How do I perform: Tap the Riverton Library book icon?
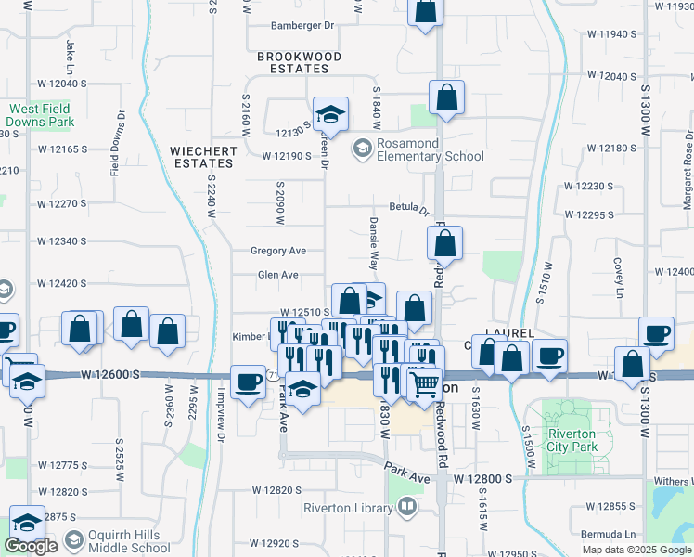pyautogui.click(x=406, y=507)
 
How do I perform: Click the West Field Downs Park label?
pyautogui.click(x=40, y=115)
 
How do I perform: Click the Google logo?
pyautogui.click(x=32, y=546)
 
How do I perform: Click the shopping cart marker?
pyautogui.click(x=425, y=382)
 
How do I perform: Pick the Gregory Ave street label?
pyautogui.click(x=278, y=251)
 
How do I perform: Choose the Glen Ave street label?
pyautogui.click(x=277, y=275)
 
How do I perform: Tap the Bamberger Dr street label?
pyautogui.click(x=302, y=25)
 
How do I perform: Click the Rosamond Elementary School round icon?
pyautogui.click(x=361, y=147)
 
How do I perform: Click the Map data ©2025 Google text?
pyautogui.click(x=636, y=550)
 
